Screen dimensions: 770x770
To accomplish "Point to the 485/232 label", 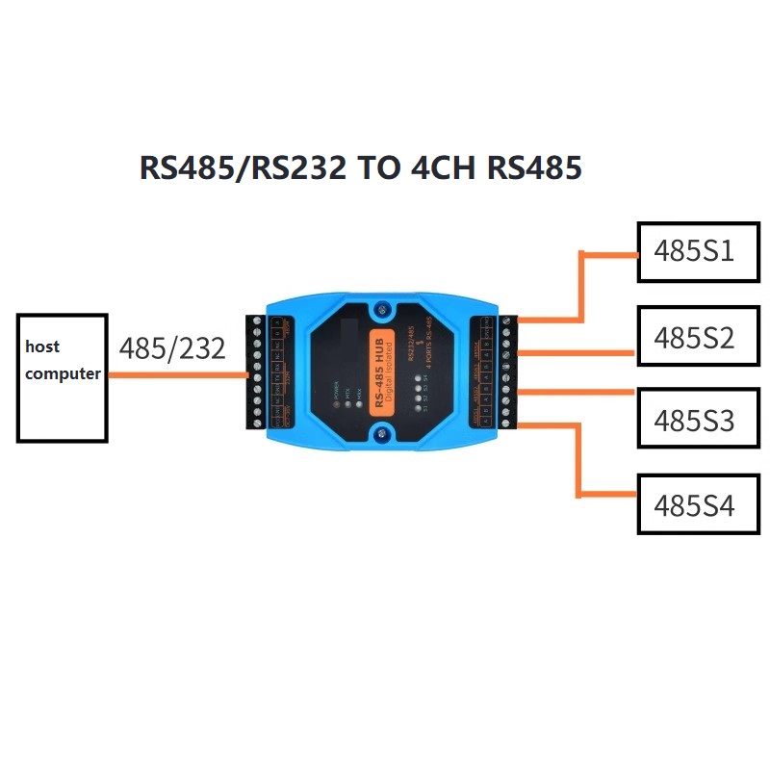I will (172, 348).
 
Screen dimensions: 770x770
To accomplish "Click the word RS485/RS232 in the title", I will (244, 168).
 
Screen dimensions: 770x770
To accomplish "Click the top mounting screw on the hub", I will (383, 312).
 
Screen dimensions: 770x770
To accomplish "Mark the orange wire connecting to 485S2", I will (577, 353).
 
